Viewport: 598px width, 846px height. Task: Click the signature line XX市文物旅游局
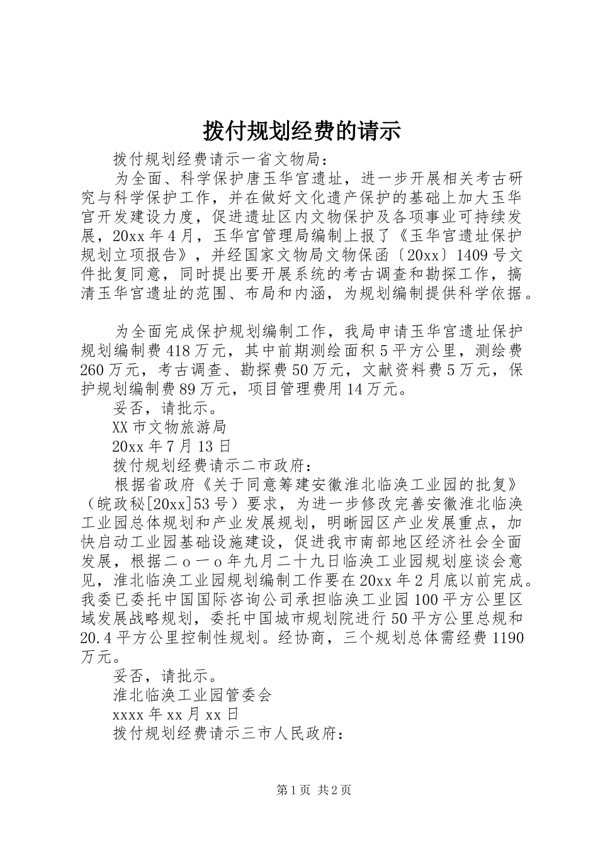[169, 428]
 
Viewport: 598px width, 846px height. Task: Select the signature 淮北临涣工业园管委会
[191, 696]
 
